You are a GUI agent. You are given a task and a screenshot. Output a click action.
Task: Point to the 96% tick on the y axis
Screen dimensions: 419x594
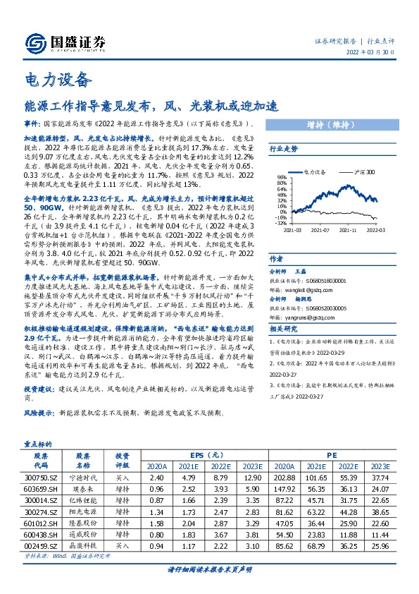[279, 177]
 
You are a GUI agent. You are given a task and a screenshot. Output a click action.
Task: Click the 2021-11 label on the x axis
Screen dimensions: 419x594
[348, 229]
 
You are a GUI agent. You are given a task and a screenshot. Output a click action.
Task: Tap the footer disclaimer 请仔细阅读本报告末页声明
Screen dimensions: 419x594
[209, 569]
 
